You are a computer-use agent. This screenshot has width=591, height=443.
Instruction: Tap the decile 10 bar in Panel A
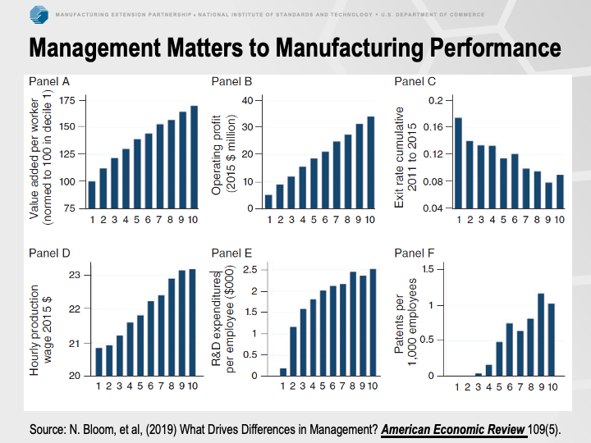[x=194, y=157]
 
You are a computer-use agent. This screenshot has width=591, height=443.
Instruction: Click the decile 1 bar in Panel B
[x=268, y=201]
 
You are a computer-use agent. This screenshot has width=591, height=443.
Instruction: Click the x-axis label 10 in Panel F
[x=552, y=386]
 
